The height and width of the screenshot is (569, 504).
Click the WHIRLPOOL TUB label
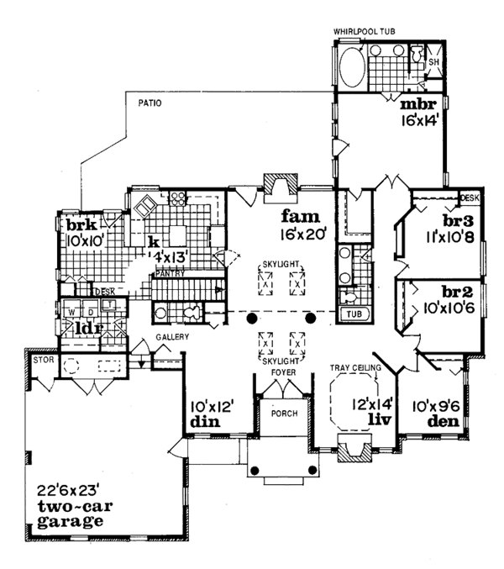pyautogui.click(x=367, y=31)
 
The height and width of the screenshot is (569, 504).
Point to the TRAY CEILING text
pyautogui.click(x=358, y=368)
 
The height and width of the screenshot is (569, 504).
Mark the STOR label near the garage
pyautogui.click(x=41, y=360)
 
